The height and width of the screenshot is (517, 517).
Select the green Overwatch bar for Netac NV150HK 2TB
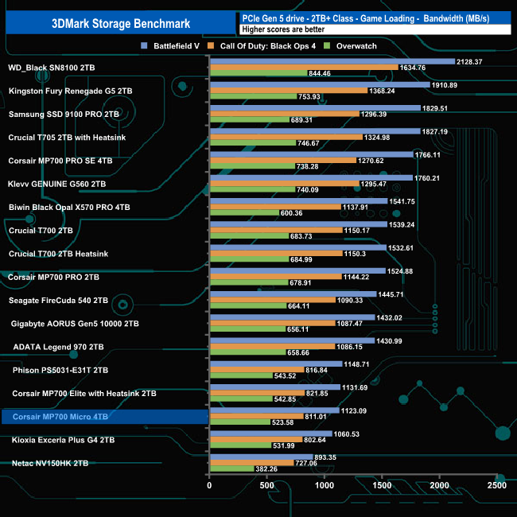pos(231,469)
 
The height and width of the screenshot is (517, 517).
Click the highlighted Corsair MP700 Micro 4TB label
pos(60,416)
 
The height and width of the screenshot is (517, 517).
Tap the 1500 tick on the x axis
pos(382,485)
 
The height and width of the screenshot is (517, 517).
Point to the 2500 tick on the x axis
pos(496,485)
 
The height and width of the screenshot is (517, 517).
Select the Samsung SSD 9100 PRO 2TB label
pos(64,115)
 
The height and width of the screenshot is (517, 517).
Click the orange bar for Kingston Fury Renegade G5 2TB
pos(288,91)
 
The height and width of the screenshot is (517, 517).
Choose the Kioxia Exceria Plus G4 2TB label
pos(63,439)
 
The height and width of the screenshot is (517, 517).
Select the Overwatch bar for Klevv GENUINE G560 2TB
pos(252,190)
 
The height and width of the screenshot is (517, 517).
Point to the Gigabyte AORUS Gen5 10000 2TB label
pos(76,324)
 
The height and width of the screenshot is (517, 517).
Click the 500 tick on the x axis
pos(266,485)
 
